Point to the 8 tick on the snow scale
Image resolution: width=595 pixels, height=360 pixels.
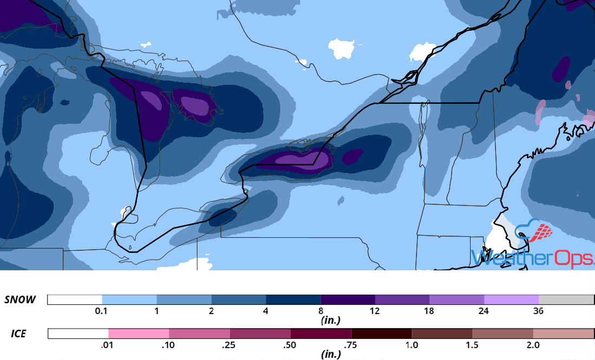(321, 311)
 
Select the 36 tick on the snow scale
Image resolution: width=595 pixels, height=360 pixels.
(539, 311)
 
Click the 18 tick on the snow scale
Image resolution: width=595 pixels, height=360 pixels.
(429, 311)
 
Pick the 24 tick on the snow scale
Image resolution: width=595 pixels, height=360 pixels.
(484, 311)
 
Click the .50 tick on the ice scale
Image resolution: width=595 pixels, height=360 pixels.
(290, 345)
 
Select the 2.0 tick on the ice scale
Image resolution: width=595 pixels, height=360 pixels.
(533, 345)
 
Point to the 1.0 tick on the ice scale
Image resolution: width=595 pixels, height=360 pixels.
(412, 345)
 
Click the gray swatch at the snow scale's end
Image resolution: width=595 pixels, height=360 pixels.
(566, 299)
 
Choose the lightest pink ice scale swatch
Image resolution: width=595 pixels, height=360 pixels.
(139, 334)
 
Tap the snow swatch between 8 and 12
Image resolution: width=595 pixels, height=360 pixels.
(348, 299)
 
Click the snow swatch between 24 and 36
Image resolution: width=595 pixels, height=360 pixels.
(511, 299)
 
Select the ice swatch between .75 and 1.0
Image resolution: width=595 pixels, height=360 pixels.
(381, 334)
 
